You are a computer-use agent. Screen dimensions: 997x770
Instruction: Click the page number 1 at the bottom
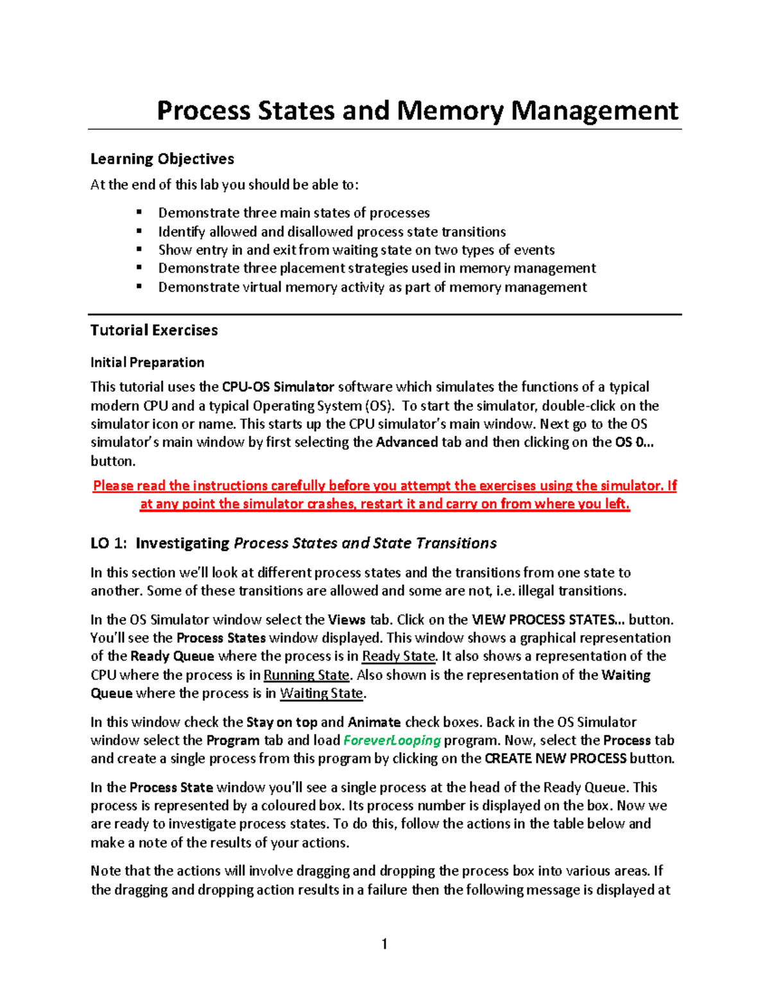(384, 944)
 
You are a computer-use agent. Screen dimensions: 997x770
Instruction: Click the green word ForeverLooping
(392, 740)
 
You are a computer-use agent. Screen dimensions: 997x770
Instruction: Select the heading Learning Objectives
(162, 159)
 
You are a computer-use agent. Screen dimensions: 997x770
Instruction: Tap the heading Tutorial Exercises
(154, 330)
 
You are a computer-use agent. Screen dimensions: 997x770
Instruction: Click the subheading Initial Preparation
(147, 363)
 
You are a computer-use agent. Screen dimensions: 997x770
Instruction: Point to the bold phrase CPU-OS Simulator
(278, 387)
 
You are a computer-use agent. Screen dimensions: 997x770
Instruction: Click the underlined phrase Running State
(306, 675)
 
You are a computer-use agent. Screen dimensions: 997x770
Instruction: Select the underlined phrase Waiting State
(321, 693)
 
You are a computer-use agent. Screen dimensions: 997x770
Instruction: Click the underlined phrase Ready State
(398, 656)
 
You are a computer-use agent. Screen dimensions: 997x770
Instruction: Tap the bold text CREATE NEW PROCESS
(555, 759)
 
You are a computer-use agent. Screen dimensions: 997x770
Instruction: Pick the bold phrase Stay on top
(282, 722)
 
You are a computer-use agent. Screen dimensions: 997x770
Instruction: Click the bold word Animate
(374, 722)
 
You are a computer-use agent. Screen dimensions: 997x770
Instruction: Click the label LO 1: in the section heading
(108, 543)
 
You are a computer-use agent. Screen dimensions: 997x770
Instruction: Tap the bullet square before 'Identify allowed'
(139, 230)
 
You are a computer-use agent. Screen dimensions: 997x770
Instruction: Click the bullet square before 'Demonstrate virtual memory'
(139, 286)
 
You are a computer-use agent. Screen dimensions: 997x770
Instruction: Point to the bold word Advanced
(407, 442)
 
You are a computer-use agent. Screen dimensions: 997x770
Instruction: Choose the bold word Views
(347, 620)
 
